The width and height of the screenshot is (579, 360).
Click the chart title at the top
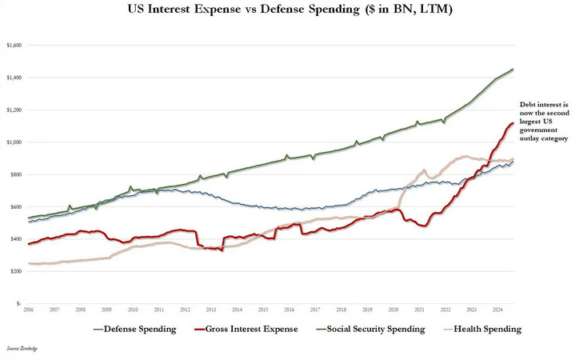(x=289, y=10)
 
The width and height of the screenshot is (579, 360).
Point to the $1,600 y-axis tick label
(x=15, y=46)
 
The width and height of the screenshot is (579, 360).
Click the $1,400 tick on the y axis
(x=15, y=78)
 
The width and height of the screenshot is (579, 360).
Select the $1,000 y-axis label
(x=15, y=142)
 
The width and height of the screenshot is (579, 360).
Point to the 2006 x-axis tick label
(x=29, y=309)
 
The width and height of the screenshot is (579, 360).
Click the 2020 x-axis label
(x=393, y=309)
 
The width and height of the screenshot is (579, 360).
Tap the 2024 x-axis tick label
(x=497, y=309)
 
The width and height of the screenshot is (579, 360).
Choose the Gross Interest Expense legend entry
(x=248, y=329)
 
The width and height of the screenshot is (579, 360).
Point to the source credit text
(x=22, y=350)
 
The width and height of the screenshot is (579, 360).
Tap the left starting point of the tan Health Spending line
(x=29, y=263)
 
